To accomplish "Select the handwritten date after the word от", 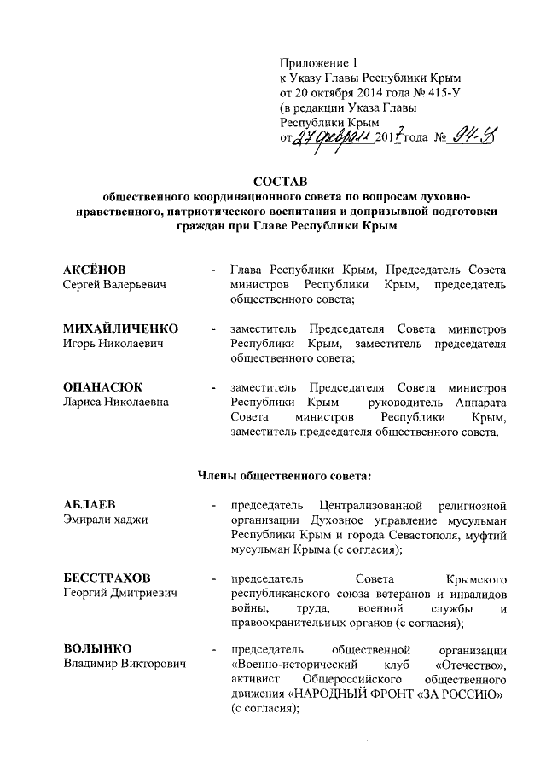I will [333, 138].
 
